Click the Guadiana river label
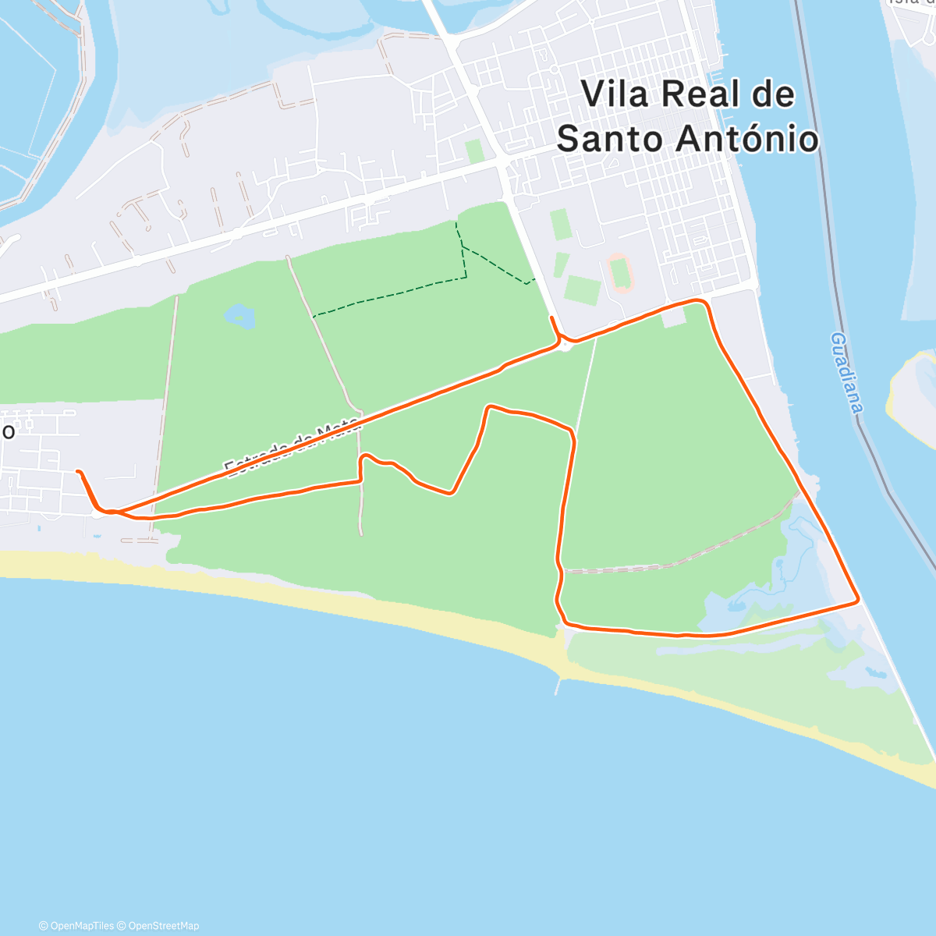847,372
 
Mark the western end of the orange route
78,471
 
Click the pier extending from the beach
558,684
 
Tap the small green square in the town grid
474,151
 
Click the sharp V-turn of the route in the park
451,493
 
